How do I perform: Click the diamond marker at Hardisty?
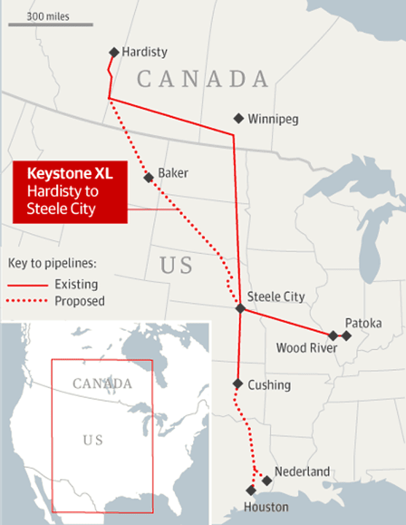pyautogui.click(x=114, y=52)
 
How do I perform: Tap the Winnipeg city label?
pyautogui.click(x=273, y=118)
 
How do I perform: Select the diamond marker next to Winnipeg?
pyautogui.click(x=238, y=118)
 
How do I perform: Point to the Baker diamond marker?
pyautogui.click(x=149, y=177)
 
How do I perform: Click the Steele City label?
pyautogui.click(x=276, y=297)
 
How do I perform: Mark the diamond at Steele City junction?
pyautogui.click(x=241, y=309)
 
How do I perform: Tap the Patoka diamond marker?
pyautogui.click(x=347, y=336)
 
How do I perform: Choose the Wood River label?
pyautogui.click(x=306, y=348)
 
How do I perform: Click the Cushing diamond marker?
pyautogui.click(x=238, y=384)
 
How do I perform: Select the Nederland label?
pyautogui.click(x=302, y=471)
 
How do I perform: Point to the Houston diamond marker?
pyautogui.click(x=251, y=490)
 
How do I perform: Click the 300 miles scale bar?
pyautogui.click(x=51, y=25)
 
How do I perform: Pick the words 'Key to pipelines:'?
pyautogui.click(x=52, y=262)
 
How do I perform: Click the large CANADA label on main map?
pyautogui.click(x=203, y=79)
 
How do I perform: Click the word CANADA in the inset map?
pyautogui.click(x=102, y=384)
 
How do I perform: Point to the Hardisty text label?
pyautogui.click(x=144, y=52)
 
